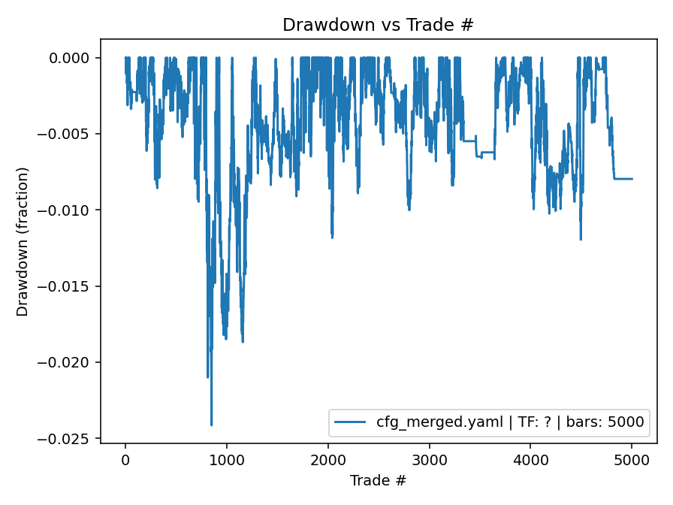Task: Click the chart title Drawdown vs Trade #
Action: (378, 25)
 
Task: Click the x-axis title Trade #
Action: (378, 479)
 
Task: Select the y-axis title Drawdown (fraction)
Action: (23, 241)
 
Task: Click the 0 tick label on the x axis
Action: (125, 458)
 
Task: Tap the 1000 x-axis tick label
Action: (227, 458)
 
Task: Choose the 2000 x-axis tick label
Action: (328, 458)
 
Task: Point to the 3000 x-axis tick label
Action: (430, 458)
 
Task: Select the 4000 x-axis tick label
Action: (530, 458)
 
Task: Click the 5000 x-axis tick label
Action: (632, 458)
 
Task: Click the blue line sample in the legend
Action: (352, 422)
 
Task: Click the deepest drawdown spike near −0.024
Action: (211, 425)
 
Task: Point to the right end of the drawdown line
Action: (632, 179)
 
